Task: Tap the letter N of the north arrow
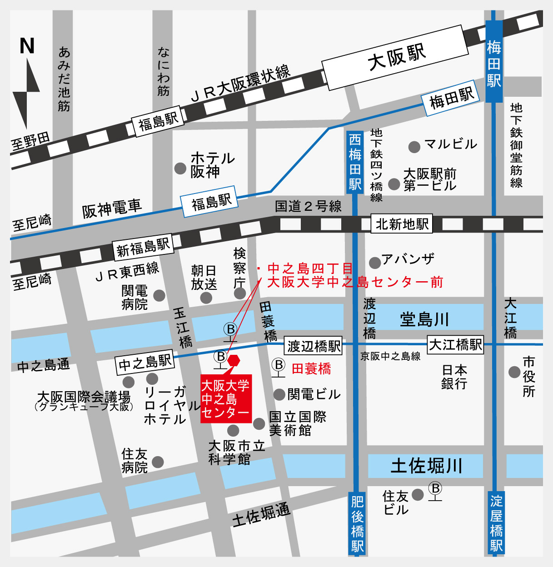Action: tap(27, 46)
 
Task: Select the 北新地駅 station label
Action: tap(402, 224)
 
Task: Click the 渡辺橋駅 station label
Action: tap(314, 346)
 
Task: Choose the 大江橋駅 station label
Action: tap(455, 345)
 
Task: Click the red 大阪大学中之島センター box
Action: tap(226, 399)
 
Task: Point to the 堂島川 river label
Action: tap(424, 319)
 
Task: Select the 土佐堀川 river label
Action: tap(426, 466)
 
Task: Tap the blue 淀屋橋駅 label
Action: tap(496, 522)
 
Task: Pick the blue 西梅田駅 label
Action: tap(355, 162)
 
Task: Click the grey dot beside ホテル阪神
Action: tap(180, 169)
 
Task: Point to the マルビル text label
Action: tap(450, 144)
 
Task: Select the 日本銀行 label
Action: tap(454, 377)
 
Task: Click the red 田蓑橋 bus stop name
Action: tap(311, 368)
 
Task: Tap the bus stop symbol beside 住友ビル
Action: tap(435, 491)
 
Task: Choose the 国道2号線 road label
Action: tap(308, 207)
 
